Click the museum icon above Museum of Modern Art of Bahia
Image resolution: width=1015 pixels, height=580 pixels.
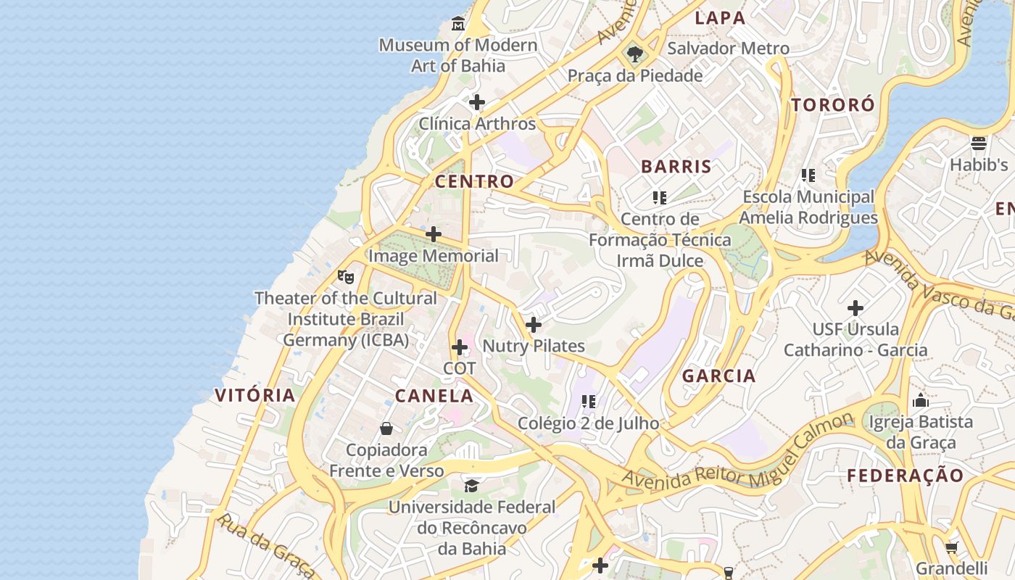[458, 25]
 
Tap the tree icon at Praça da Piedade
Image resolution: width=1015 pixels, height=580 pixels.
[635, 54]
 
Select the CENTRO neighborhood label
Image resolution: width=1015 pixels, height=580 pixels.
[474, 181]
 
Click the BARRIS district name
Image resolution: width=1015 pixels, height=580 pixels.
[676, 166]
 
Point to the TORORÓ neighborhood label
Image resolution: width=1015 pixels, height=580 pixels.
[833, 104]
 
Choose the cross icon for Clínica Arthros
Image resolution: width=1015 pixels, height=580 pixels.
[477, 102]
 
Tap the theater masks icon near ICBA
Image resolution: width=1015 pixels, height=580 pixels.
[346, 276]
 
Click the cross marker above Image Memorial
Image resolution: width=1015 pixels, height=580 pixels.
[434, 234]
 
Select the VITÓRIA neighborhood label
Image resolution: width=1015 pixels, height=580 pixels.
[255, 395]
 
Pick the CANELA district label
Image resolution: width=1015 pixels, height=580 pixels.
[434, 396]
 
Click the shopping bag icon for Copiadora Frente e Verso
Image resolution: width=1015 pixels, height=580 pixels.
[386, 428]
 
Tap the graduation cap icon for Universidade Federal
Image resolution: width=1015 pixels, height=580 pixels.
[472, 485]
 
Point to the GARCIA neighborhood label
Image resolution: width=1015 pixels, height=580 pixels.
[719, 376]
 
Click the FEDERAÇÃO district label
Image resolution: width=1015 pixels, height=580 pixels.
[906, 476]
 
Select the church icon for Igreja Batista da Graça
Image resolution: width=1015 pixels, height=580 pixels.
[921, 400]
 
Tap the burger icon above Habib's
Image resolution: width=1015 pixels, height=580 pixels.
[979, 143]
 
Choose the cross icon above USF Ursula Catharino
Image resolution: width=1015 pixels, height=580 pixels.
[855, 308]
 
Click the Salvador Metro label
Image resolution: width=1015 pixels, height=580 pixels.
[728, 49]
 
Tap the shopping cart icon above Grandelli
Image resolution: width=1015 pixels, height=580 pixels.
[952, 547]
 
